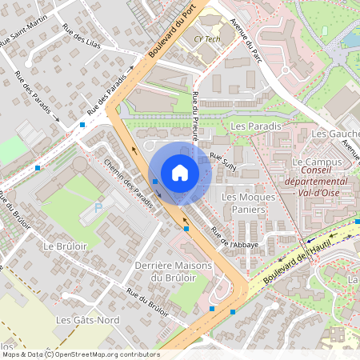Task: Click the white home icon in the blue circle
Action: (x=180, y=173)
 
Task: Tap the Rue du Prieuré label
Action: (x=195, y=116)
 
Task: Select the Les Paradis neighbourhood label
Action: (x=254, y=127)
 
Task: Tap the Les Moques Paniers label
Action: (x=242, y=204)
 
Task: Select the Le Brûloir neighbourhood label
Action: (x=64, y=245)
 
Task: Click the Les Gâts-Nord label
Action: (x=81, y=319)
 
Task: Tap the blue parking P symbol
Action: (x=98, y=207)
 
